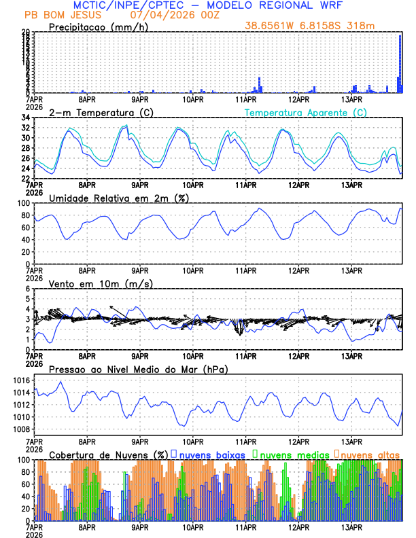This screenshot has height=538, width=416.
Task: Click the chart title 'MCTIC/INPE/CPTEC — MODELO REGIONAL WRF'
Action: pos(207,5)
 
